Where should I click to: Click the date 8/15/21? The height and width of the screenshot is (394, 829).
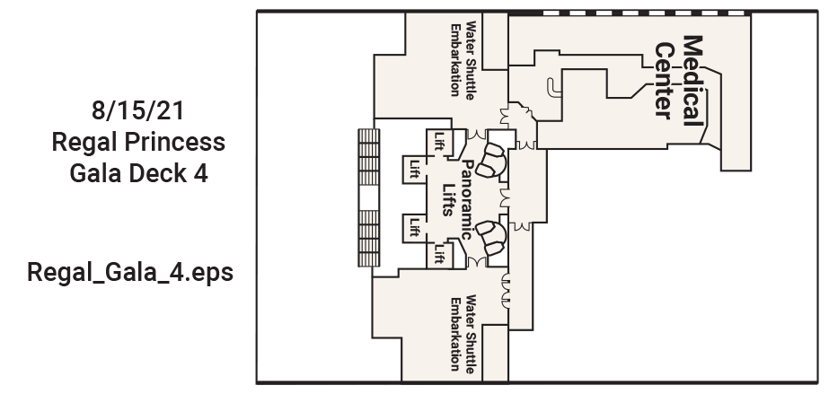click(138, 110)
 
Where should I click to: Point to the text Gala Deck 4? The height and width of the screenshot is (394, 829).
click(138, 173)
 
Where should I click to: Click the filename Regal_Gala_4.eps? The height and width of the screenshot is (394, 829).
click(130, 273)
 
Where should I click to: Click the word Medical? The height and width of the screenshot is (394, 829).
click(693, 80)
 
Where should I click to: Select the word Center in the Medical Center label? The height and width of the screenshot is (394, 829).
click(666, 81)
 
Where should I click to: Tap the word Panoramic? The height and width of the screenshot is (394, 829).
click(466, 200)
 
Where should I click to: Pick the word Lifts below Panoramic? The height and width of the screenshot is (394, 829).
click(448, 199)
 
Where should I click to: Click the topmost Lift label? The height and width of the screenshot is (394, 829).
click(439, 141)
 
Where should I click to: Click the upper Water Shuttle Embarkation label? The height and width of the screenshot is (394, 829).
click(462, 59)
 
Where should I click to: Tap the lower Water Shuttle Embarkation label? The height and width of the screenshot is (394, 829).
click(462, 333)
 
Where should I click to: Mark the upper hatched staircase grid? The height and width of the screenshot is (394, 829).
click(369, 157)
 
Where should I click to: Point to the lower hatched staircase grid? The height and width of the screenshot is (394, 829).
click(369, 238)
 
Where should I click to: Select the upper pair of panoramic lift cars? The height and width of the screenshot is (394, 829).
click(491, 160)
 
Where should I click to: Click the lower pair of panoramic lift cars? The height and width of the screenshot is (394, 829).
click(491, 239)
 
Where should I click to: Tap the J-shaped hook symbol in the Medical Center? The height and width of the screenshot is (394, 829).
click(552, 88)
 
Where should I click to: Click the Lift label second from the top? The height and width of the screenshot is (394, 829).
click(415, 169)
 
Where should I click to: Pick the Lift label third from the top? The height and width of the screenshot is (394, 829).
click(415, 227)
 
